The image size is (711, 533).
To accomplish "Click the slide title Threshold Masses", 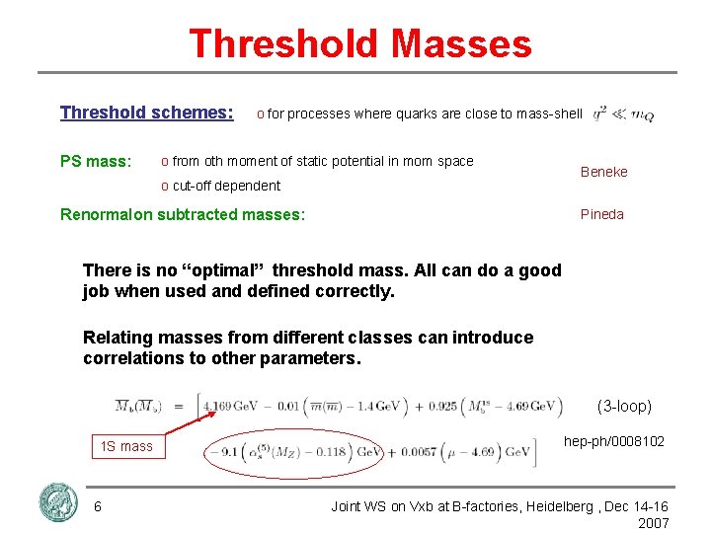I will pos(359,44).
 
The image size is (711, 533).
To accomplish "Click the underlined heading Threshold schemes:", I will pos(146,113).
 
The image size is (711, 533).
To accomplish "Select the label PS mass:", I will pos(95,161).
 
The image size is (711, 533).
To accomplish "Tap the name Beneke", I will pos(603,172).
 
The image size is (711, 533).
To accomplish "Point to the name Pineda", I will pos(601,214).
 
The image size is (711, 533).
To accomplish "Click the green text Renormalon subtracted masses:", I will pos(183,213).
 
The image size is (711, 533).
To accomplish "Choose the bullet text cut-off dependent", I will pos(226,186).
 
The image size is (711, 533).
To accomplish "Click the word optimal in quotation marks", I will pos(228,270).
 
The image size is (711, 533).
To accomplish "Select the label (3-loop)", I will pos(624,405).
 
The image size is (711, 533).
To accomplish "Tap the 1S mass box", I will pos(125,446).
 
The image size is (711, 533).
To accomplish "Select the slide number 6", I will pos(98,506).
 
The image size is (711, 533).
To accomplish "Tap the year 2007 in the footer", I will pos(653,523).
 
